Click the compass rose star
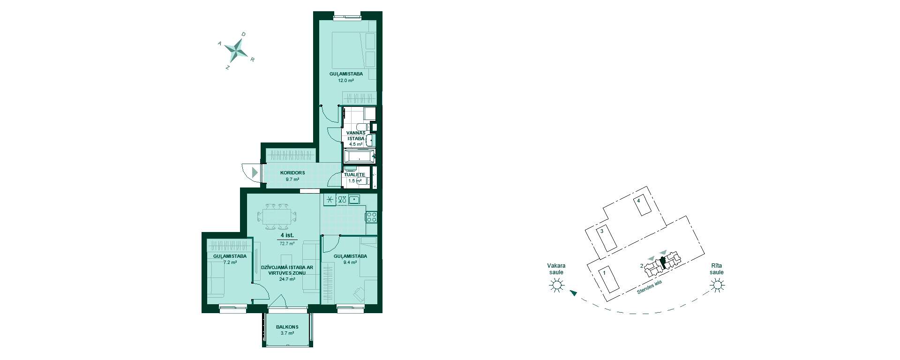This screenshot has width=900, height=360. pos(236,48)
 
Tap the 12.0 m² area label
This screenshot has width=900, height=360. pos(346,81)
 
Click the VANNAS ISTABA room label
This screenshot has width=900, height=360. pos(356,135)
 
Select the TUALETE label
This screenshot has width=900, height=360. pos(354,175)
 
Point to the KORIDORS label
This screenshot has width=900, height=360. pos(292,173)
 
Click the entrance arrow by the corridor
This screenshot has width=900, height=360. pos(255,172)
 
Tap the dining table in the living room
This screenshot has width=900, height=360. pos(277,217)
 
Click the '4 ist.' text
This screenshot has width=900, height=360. pos(287,235)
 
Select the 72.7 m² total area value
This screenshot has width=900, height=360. pos(287,244)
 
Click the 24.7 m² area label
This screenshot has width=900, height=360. pos(287,279)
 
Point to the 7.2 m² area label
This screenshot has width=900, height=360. pos(230,262)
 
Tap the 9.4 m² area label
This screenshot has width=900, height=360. pos(350,263)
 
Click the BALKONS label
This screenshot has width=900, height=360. pos(287,327)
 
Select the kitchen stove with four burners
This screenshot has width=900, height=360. pos(371,217)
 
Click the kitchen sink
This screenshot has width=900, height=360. pos(354,200)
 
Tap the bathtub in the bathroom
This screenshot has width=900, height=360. pos(359,156)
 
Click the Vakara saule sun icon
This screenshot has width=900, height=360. pos(556,285)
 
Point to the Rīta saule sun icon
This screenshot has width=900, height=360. pos(716,285)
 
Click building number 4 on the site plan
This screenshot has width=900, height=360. pos(638,201)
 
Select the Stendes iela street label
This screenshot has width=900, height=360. pos(649,287)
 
